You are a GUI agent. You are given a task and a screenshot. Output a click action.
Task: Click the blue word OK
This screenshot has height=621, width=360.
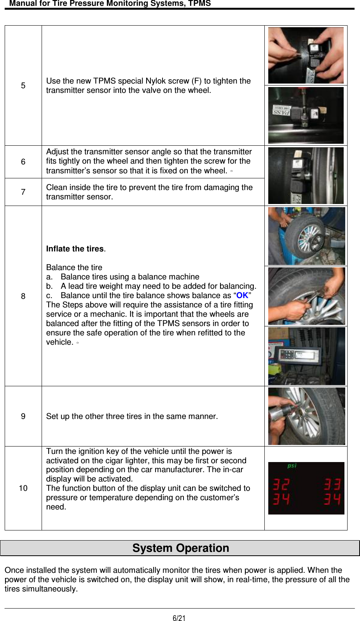242,295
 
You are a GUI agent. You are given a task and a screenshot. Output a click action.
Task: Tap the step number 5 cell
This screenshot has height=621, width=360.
23,85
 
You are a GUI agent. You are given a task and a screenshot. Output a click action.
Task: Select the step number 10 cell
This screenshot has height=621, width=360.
23,488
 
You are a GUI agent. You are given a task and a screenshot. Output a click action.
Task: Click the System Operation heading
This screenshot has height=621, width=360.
180,548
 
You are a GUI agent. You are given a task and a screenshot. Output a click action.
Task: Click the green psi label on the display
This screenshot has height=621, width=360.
292,466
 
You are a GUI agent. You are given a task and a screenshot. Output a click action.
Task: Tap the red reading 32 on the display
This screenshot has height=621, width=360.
281,485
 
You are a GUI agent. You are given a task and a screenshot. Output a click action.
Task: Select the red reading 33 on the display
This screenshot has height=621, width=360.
332,485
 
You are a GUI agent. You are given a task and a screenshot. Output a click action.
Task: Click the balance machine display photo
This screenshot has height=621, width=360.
306,356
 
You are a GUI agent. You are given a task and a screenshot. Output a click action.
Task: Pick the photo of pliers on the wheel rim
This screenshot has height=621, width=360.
306,296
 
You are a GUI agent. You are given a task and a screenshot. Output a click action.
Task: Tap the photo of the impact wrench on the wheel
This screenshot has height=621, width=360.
306,416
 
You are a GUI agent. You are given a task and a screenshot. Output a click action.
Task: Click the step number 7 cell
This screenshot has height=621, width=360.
23,192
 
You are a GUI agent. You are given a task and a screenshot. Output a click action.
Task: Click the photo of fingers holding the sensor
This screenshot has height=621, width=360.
306,56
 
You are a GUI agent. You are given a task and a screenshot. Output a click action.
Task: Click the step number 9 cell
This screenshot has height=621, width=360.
23,416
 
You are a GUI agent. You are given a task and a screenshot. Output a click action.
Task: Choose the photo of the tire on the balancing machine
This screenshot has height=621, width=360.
306,236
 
